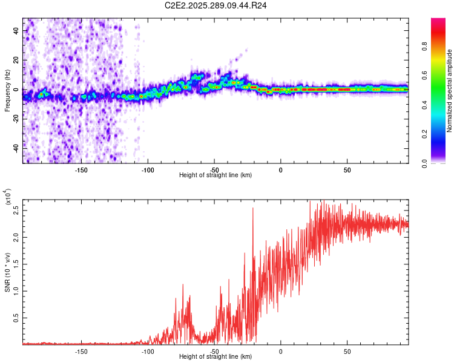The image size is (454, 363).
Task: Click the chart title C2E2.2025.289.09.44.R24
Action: pos(216,5)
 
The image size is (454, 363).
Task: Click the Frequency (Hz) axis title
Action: pos(7,90)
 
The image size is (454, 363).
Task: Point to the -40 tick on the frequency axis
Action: pos(16,148)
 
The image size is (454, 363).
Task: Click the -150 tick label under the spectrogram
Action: pos(81,169)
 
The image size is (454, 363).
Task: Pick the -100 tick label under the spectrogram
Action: pos(148,169)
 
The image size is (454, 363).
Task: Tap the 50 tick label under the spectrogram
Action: pos(347,169)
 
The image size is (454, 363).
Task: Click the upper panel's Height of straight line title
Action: pos(215,175)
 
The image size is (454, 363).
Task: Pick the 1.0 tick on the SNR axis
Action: pos(16,290)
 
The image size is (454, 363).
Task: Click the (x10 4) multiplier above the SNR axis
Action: pos(8,197)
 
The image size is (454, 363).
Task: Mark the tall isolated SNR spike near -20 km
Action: pos(253,209)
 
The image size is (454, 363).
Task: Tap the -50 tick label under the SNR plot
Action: pos(214,352)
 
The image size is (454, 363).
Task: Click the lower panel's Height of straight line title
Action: pos(215,358)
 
